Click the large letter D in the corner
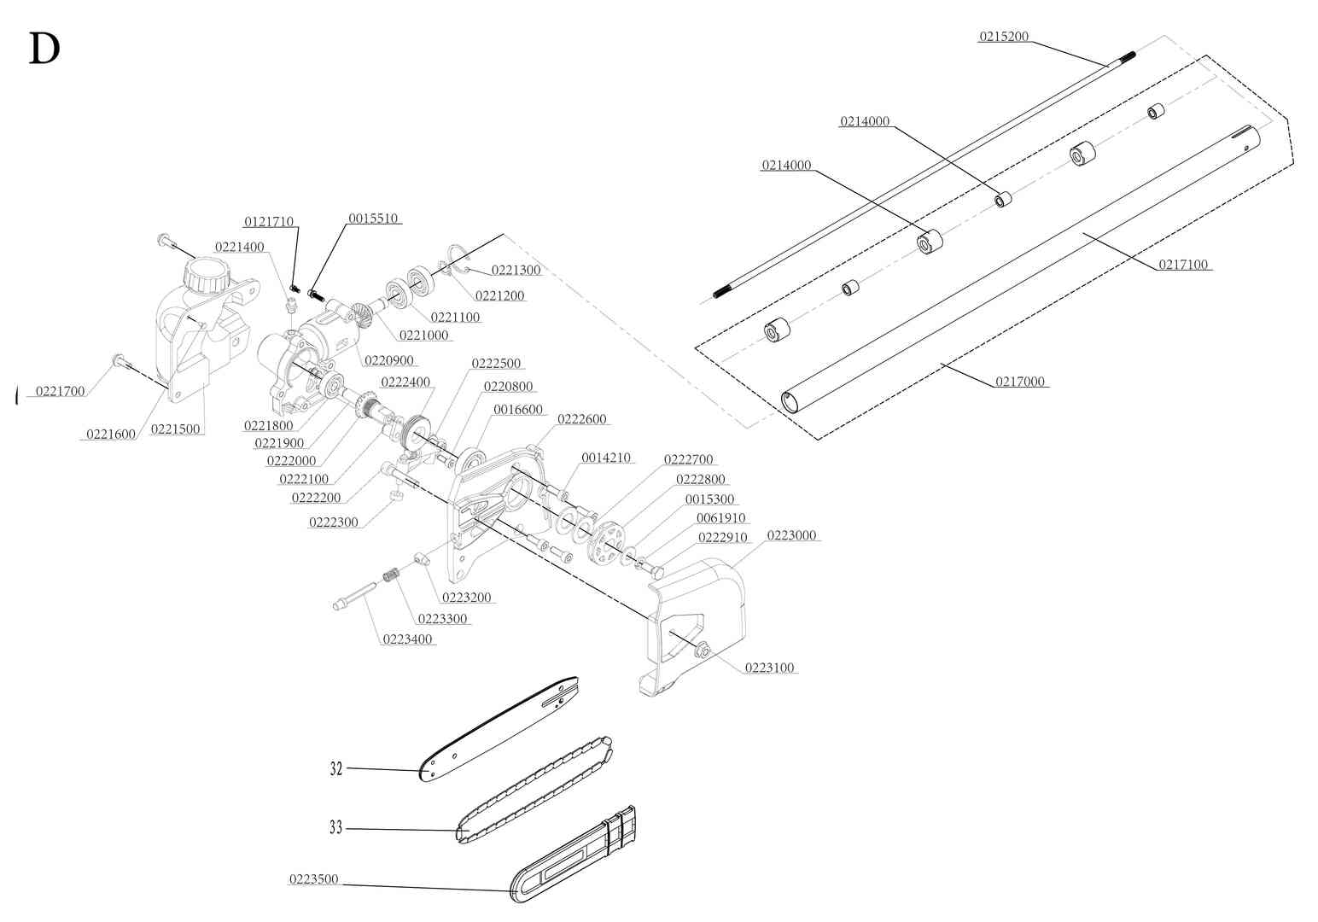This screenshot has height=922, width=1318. (x=44, y=50)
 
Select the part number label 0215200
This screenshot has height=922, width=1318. (x=1003, y=37)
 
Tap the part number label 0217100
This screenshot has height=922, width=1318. (x=1183, y=265)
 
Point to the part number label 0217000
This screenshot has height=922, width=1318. (x=1020, y=382)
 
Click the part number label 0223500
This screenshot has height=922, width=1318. (x=314, y=879)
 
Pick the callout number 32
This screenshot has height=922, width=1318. (x=336, y=768)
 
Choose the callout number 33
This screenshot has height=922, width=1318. (x=336, y=827)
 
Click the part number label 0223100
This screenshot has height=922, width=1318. (x=770, y=668)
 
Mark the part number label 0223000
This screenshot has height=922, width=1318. (x=791, y=535)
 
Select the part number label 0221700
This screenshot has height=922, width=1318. (x=60, y=391)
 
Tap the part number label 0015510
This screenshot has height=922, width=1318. (x=373, y=218)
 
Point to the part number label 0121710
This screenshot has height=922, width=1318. (x=269, y=222)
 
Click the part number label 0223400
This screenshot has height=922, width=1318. (x=407, y=639)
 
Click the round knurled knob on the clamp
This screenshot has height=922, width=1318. (x=207, y=275)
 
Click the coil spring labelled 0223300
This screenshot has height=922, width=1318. (x=392, y=576)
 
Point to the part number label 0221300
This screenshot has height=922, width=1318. (x=516, y=270)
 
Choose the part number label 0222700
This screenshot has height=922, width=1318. (x=688, y=459)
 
